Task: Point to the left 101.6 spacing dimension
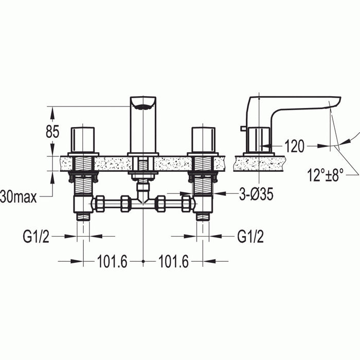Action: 112,262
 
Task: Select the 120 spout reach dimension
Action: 294,147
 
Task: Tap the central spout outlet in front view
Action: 142,105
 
